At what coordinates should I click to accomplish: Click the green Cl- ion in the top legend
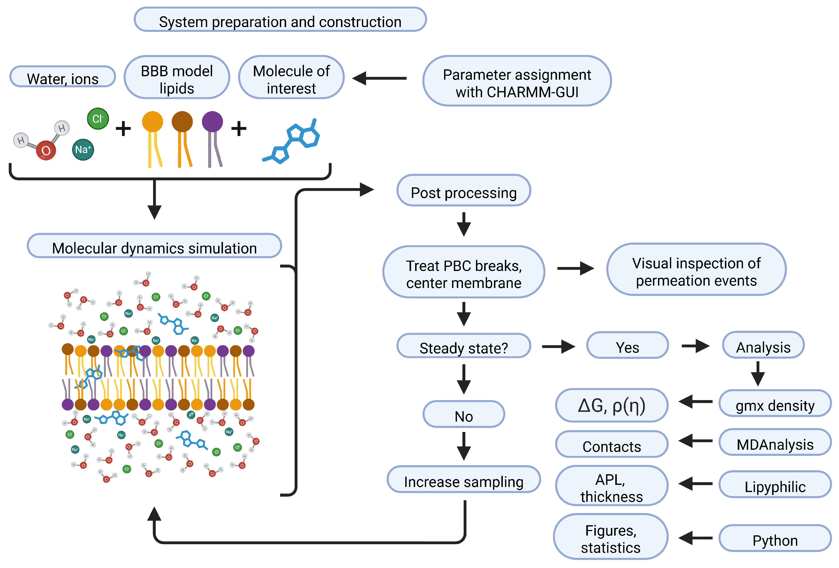[98, 118]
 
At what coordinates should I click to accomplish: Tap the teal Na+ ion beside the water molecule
[83, 149]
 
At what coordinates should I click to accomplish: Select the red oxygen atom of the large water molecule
[46, 150]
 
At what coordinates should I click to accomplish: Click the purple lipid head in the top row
[212, 122]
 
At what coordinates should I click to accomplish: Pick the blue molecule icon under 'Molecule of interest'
[292, 141]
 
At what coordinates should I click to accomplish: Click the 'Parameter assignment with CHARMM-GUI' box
[517, 81]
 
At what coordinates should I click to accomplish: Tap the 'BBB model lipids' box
[177, 78]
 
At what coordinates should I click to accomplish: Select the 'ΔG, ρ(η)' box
[612, 405]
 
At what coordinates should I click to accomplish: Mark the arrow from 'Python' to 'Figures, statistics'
[695, 538]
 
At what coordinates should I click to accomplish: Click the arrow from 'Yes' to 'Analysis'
[695, 346]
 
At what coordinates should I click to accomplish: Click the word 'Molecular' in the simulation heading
[84, 248]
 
